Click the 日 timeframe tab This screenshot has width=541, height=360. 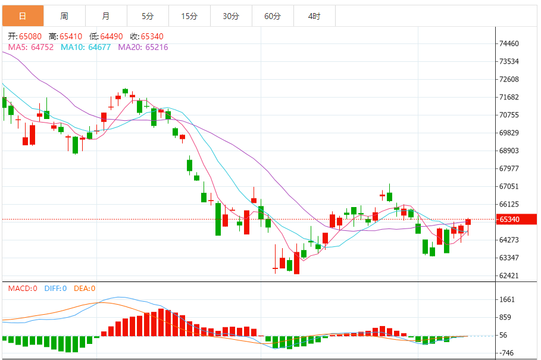tap(22, 16)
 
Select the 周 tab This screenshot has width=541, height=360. tap(64, 16)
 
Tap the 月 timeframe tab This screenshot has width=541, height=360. tap(106, 16)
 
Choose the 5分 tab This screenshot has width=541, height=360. tap(148, 16)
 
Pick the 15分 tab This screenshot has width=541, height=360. tap(189, 16)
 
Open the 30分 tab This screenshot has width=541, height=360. tap(231, 16)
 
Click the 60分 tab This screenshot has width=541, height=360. tap(273, 16)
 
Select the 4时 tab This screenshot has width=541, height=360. tap(314, 16)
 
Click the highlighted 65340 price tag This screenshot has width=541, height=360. tap(516, 220)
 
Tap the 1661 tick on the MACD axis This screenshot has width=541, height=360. tap(508, 299)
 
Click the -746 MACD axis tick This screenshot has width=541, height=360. tap(508, 353)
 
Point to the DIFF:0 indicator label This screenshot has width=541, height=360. tap(54, 289)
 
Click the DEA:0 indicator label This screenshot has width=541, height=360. tap(85, 289)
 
